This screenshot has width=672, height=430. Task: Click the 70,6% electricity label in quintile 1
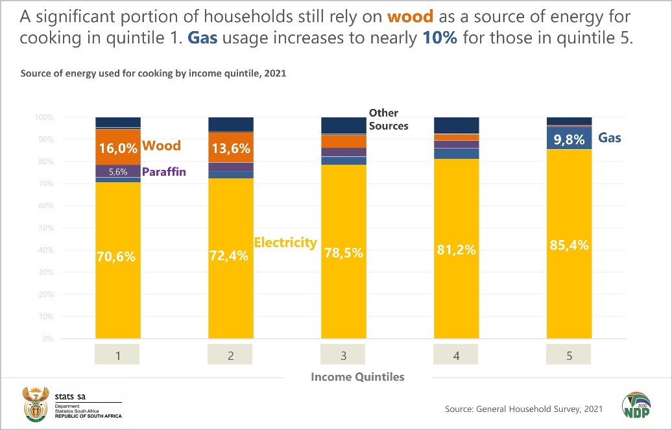click(x=117, y=257)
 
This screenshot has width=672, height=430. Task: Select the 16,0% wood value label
click(x=118, y=148)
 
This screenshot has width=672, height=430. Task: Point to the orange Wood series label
click(x=161, y=146)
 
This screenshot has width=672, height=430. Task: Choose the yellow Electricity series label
click(x=285, y=243)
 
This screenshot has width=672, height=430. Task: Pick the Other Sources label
click(x=389, y=119)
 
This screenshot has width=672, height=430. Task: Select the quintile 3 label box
click(x=344, y=355)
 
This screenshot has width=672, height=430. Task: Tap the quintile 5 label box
click(x=569, y=355)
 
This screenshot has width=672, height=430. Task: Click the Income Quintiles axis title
click(x=357, y=377)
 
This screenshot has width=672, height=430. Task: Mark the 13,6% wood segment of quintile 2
click(x=231, y=148)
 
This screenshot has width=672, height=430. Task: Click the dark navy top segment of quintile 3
click(x=344, y=125)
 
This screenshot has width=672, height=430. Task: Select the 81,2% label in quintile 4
click(x=456, y=250)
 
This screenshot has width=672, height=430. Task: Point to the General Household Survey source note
click(x=523, y=409)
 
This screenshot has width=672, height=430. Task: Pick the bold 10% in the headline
click(x=440, y=37)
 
